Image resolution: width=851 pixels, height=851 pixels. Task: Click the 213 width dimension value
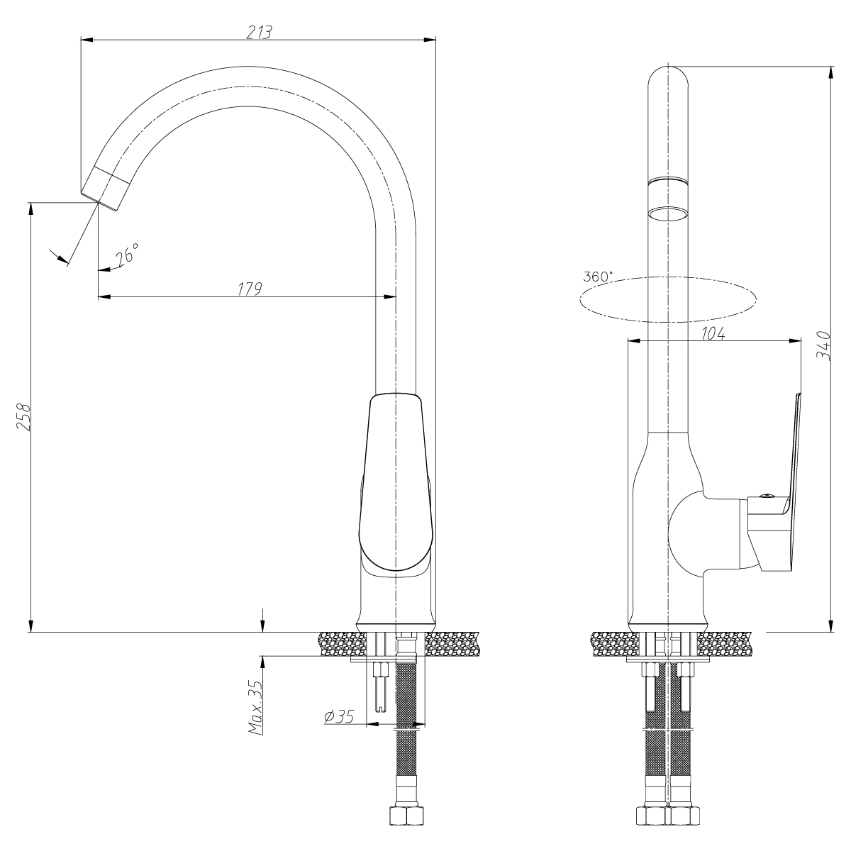point(260,32)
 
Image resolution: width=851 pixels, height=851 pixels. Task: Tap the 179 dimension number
point(250,289)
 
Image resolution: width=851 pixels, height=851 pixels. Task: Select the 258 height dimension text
point(23,417)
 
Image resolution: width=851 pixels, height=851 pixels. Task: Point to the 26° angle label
point(127,254)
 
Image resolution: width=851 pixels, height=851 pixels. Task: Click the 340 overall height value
point(823,346)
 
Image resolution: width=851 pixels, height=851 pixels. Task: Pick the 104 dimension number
point(713,334)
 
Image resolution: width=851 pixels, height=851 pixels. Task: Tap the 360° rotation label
point(598,277)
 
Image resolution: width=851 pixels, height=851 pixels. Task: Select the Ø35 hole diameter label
point(339,716)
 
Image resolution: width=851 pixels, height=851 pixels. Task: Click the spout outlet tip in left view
point(99,202)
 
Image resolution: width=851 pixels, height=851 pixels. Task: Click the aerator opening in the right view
point(668,213)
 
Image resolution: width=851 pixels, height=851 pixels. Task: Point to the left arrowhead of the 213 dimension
point(87,40)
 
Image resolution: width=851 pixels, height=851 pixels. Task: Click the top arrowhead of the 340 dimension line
point(832,72)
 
